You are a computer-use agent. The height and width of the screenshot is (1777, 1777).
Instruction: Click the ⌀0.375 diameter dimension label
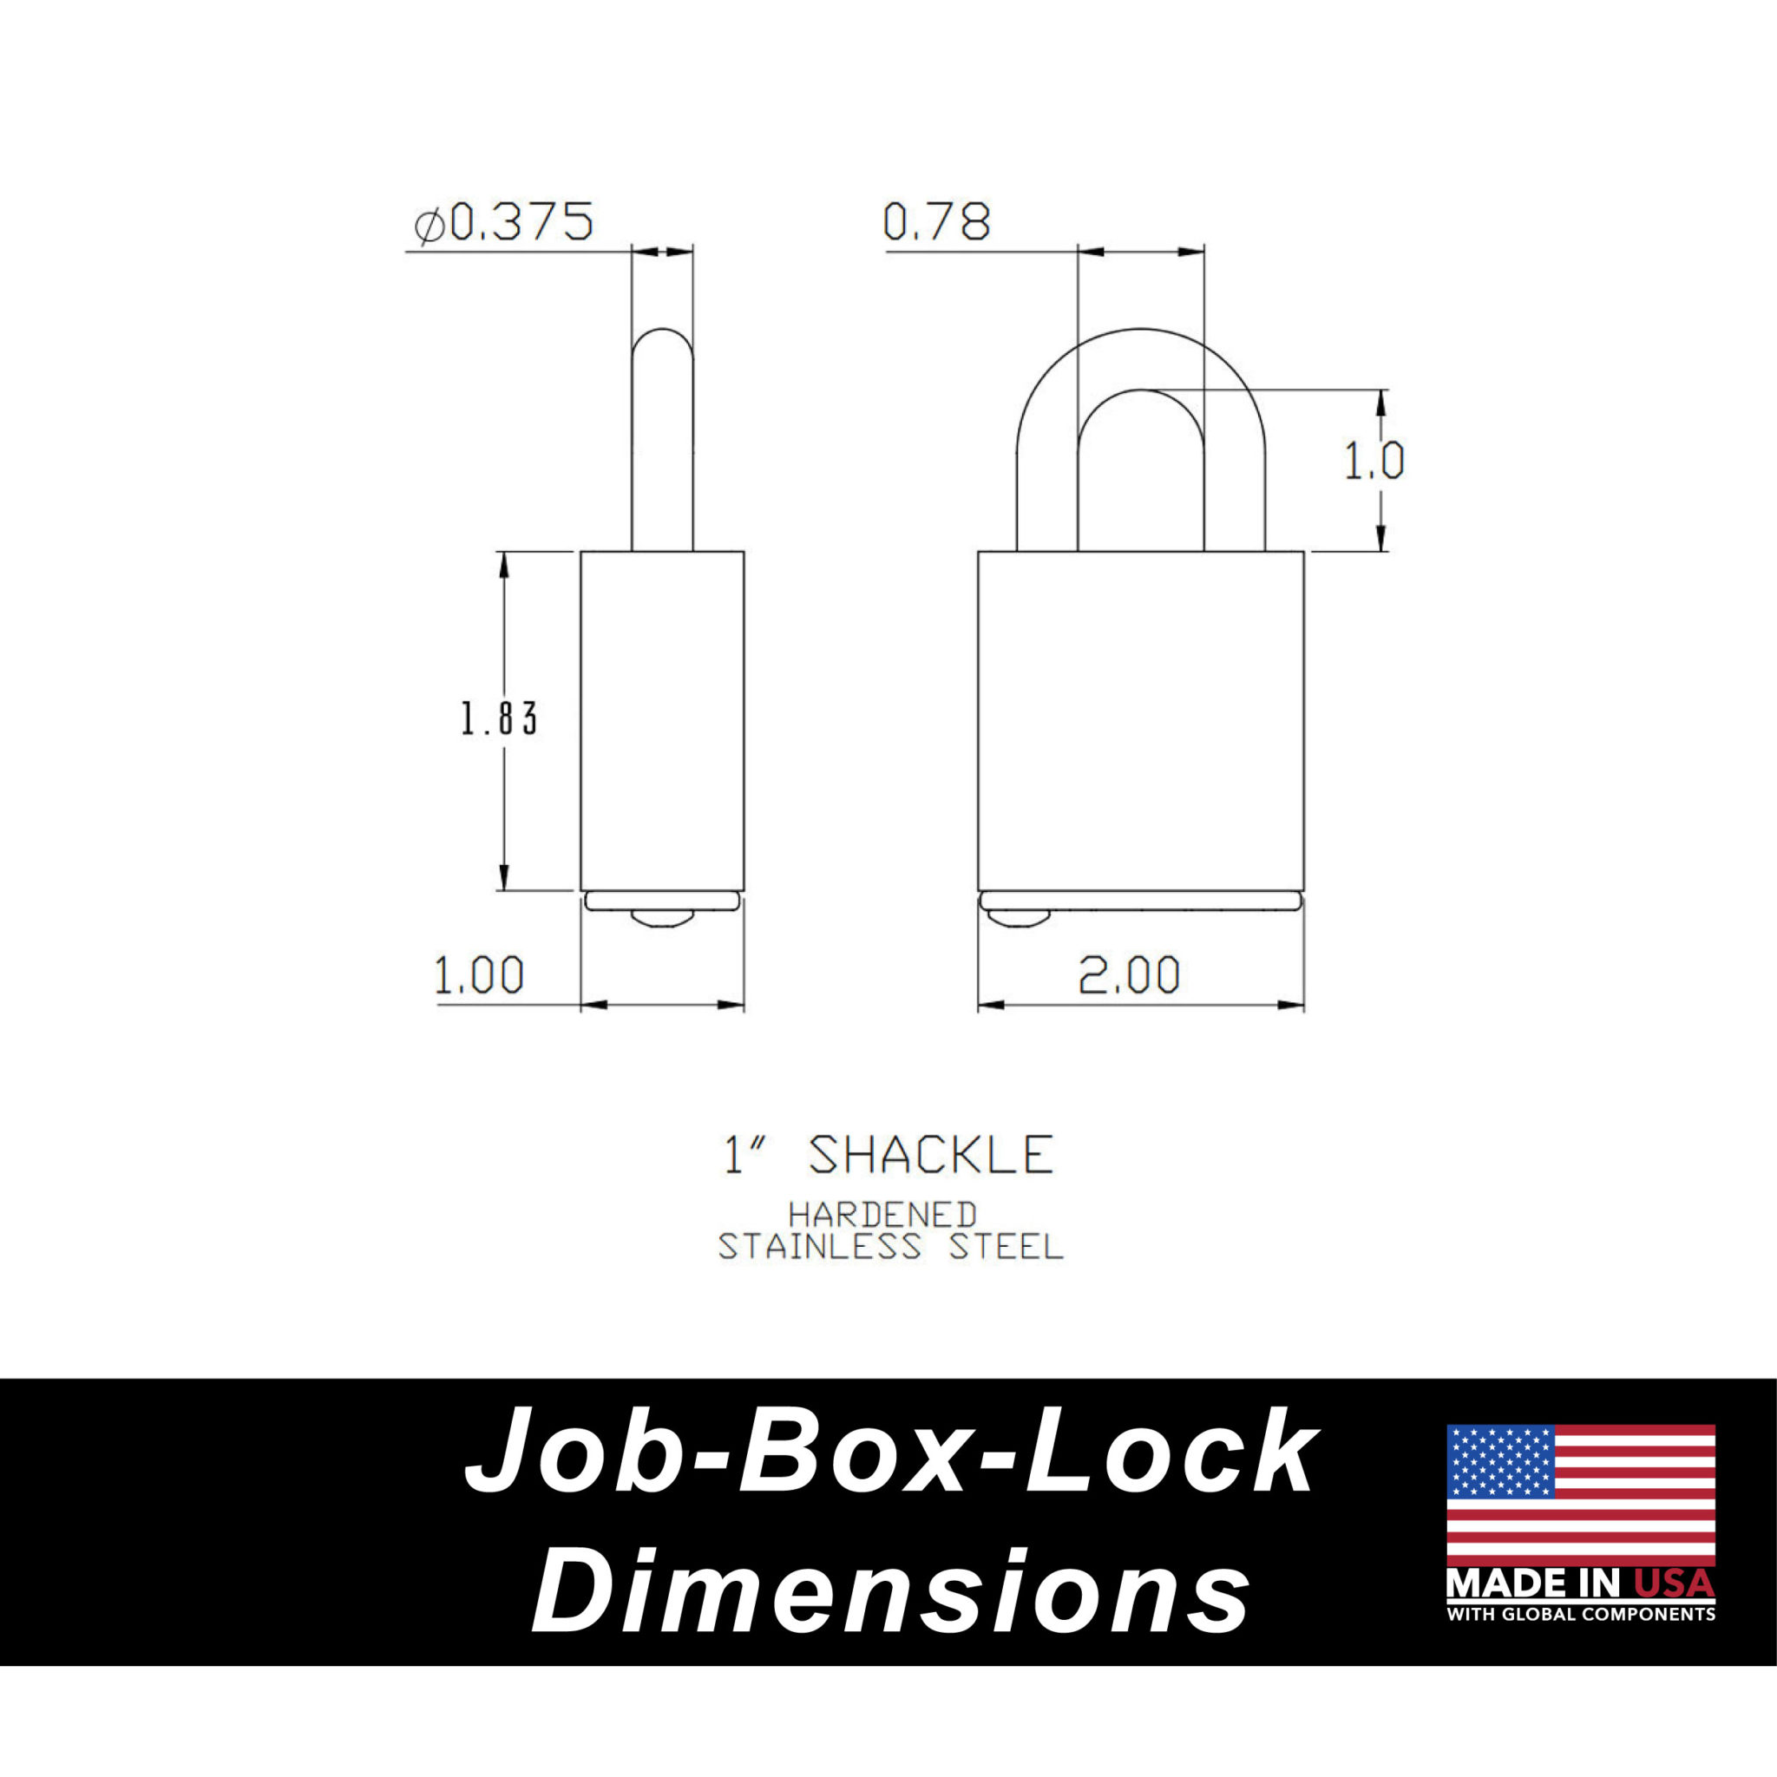pyautogui.click(x=504, y=223)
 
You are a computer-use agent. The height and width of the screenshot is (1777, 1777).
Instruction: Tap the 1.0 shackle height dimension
pyautogui.click(x=1374, y=462)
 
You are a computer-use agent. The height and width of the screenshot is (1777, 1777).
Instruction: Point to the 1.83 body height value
pyautogui.click(x=499, y=719)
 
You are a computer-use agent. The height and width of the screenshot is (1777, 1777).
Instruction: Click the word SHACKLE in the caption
pyautogui.click(x=931, y=1156)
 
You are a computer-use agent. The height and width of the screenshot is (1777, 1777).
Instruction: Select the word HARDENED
pyautogui.click(x=882, y=1216)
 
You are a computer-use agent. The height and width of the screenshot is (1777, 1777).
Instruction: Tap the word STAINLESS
pyautogui.click(x=818, y=1248)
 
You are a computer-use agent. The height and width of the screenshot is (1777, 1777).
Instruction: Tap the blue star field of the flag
pyautogui.click(x=1499, y=1461)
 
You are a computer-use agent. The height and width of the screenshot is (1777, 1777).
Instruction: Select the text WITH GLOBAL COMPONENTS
pyautogui.click(x=1580, y=1614)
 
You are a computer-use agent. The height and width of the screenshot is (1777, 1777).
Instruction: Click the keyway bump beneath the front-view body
pyautogui.click(x=1017, y=918)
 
